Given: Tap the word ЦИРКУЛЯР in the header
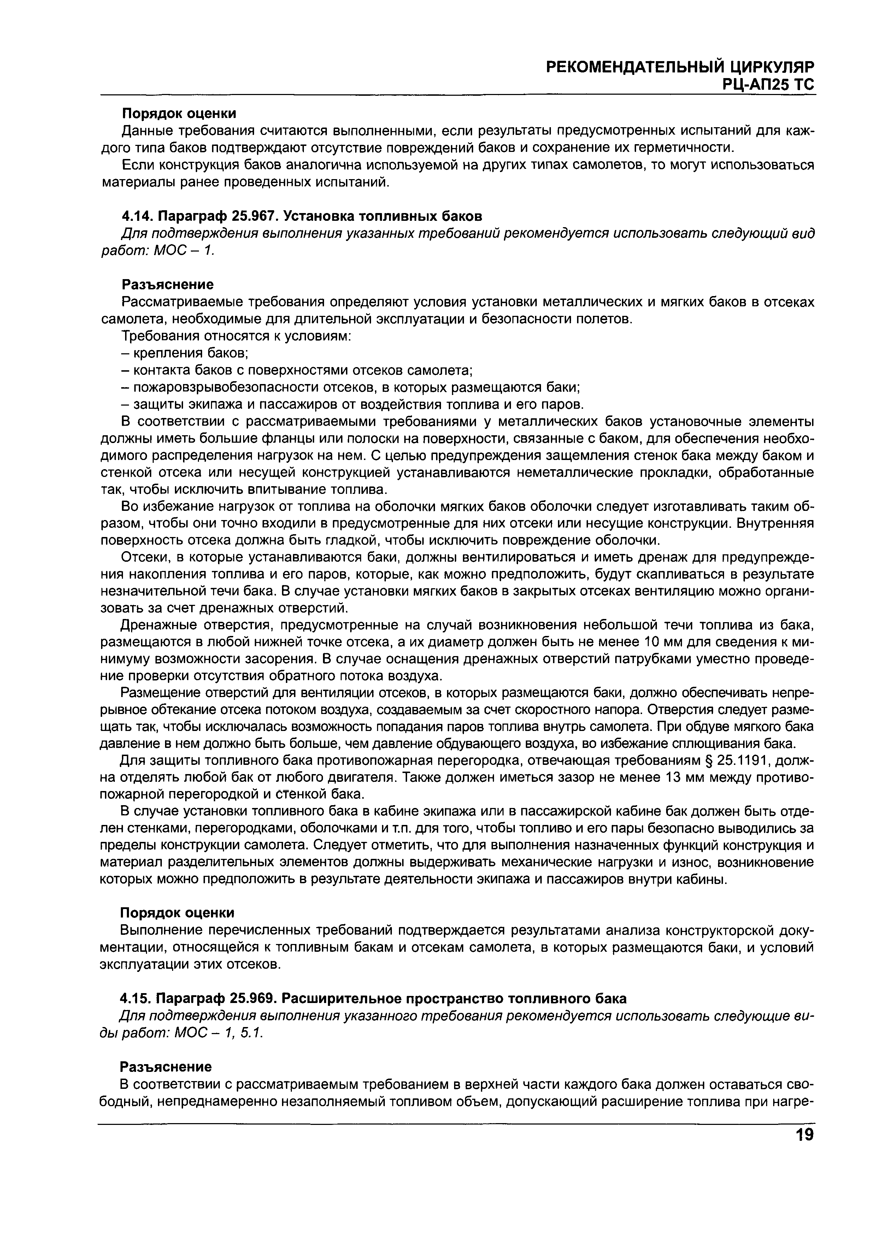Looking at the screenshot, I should pos(771,66).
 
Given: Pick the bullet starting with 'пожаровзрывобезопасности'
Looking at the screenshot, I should pos(351,388).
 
